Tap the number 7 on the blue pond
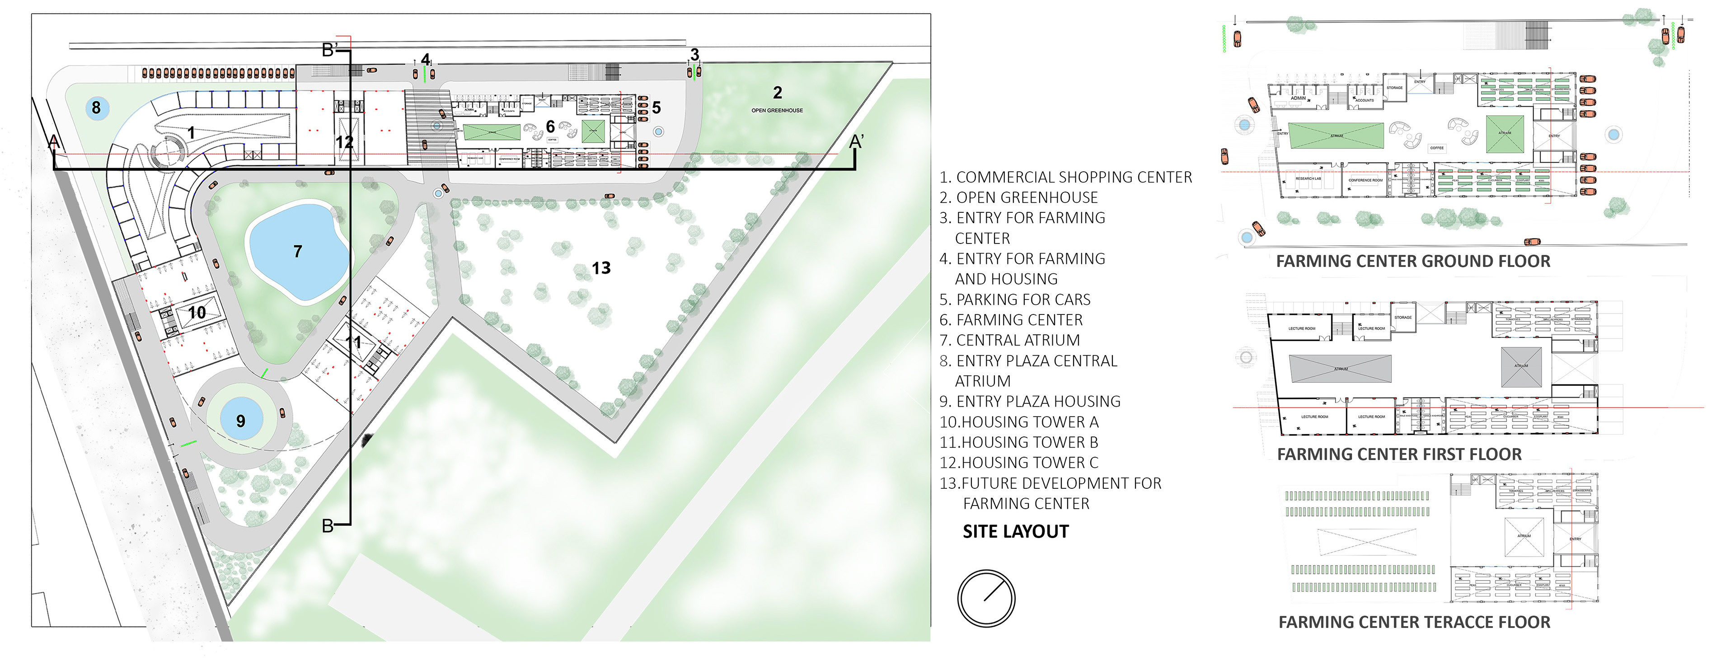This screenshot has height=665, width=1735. point(298,251)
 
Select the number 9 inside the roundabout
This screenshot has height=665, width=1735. point(240,421)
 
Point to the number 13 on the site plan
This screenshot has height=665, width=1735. point(601,268)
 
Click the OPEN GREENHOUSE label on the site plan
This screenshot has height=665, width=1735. point(777,111)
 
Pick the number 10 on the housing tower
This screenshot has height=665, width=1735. point(197,313)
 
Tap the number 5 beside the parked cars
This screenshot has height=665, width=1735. point(656,108)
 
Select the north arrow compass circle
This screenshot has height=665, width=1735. point(986,598)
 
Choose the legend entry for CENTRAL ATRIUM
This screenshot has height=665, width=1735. point(1010,340)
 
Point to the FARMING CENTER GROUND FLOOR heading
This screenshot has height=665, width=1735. point(1412,262)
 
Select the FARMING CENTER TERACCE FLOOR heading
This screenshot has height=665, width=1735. point(1414,623)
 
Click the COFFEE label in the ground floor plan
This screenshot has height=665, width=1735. point(1437,148)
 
